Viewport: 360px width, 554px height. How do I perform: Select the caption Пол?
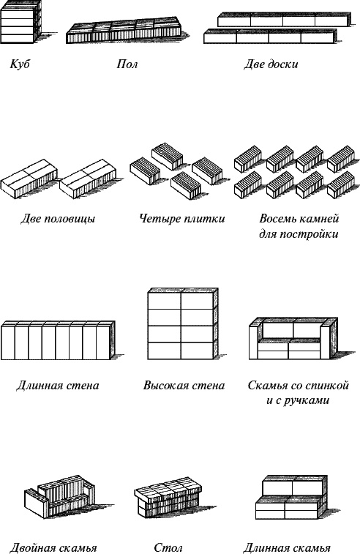pos(127,64)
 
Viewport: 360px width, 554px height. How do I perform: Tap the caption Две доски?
pos(270,64)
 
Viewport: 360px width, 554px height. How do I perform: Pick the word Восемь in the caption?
pos(279,218)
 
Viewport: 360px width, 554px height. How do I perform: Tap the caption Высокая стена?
pos(184,385)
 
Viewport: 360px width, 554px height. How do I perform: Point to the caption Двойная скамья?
pos(53,547)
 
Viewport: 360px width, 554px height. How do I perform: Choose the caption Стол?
pos(168,547)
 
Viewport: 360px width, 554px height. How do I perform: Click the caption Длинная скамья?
pos(286,547)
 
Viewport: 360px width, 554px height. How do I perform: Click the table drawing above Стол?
pos(168,495)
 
